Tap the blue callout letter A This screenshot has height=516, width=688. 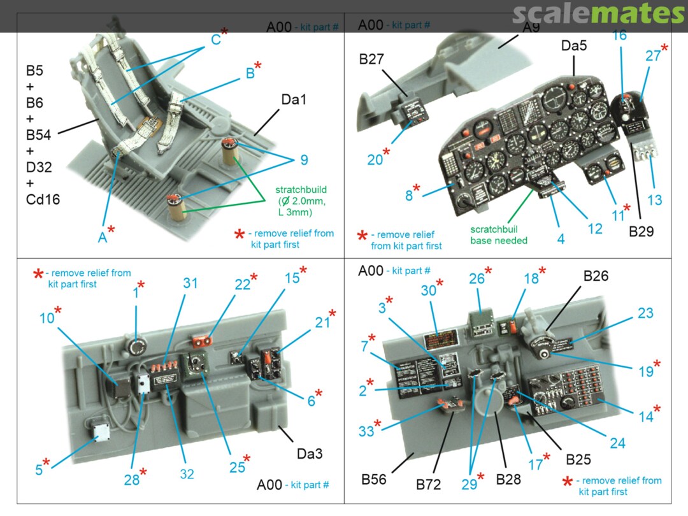tap(103, 237)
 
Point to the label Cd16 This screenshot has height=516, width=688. tap(43, 199)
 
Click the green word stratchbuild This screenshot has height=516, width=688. tap(301, 190)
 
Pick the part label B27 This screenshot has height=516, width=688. tap(371, 60)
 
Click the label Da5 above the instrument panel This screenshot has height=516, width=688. tap(574, 46)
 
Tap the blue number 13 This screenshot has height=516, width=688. tap(654, 200)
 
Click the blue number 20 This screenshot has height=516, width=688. tap(375, 160)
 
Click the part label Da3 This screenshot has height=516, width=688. tap(310, 454)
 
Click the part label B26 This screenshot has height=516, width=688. tap(596, 276)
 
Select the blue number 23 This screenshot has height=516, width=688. tap(645, 313)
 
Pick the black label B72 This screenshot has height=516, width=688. tap(429, 485)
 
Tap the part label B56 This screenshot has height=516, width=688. tap(373, 479)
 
